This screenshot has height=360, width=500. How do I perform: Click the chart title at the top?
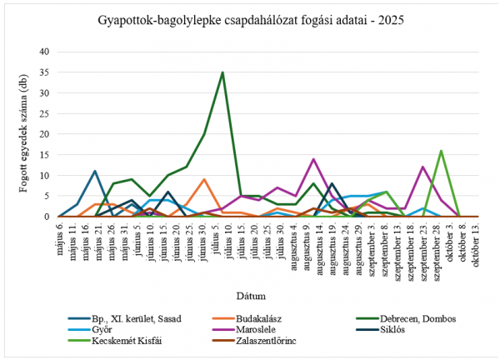click(250, 19)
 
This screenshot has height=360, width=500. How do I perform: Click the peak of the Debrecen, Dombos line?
click(222, 72)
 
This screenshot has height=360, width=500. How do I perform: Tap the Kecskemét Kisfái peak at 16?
click(441, 151)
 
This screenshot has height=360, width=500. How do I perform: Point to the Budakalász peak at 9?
click(204, 179)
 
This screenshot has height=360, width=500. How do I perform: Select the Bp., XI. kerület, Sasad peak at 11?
click(95, 171)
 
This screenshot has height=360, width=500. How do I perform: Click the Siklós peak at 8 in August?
click(332, 183)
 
